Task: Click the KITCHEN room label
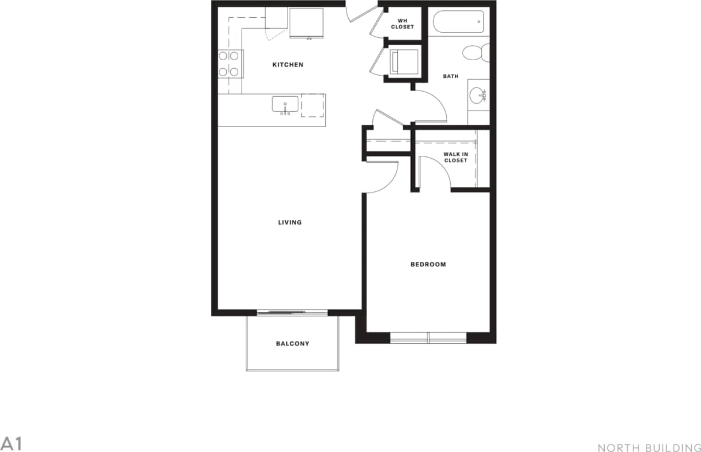288,65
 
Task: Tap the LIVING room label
290,222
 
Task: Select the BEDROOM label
428,264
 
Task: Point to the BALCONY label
292,344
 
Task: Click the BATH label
450,76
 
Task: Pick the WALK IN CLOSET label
455,157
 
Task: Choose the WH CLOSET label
402,24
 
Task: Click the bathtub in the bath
458,22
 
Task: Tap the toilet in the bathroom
475,53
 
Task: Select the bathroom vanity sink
477,95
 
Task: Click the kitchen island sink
285,105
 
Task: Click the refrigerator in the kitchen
306,23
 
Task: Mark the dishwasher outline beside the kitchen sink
313,105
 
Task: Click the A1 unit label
11,443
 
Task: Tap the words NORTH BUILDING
648,447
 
